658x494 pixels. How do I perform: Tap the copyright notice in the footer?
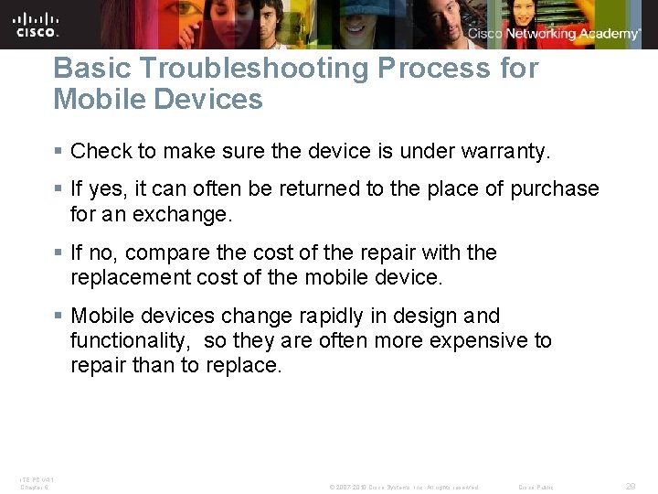click(404, 487)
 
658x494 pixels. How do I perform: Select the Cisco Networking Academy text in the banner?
click(554, 34)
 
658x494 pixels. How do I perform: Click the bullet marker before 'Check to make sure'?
click(59, 150)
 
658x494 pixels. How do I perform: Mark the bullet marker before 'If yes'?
click(59, 189)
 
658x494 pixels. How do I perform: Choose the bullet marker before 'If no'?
click(59, 252)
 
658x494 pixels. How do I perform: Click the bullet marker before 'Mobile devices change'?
click(59, 317)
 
